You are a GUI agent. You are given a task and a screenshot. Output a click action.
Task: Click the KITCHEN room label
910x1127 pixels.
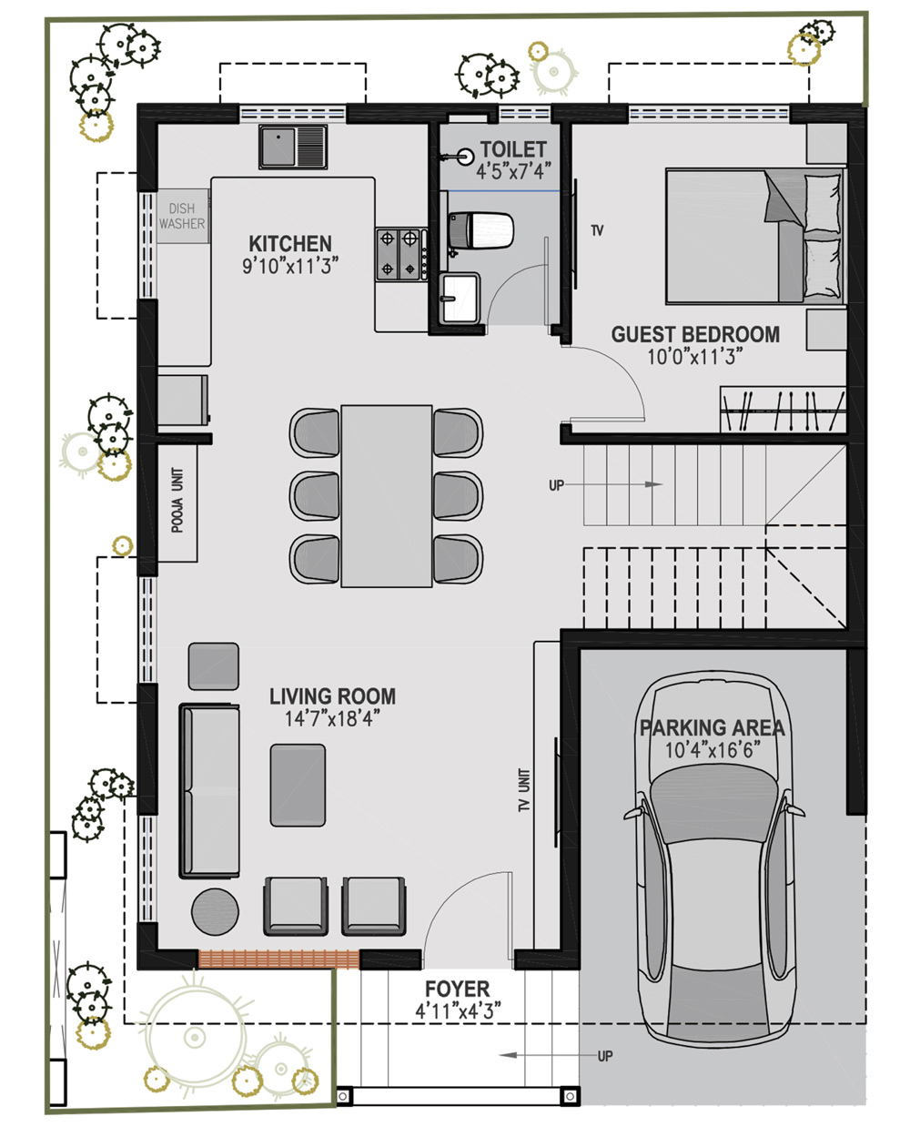pos(289,244)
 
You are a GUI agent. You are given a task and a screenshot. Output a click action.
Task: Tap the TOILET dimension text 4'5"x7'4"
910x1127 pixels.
pos(513,171)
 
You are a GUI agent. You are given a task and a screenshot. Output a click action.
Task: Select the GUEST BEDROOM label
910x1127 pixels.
pos(695,334)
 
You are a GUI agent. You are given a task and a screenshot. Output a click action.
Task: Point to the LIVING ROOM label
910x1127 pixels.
pos(332,696)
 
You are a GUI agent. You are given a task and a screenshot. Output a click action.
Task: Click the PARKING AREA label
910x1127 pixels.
pos(712,727)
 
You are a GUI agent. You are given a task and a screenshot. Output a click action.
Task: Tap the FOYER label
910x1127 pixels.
pos(457,989)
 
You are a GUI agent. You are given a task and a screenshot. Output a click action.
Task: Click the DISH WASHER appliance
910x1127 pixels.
pos(182,216)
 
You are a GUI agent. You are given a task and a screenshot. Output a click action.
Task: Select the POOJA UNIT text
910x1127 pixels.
pos(177,500)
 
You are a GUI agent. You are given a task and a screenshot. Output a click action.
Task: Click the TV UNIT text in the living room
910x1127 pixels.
pos(523,790)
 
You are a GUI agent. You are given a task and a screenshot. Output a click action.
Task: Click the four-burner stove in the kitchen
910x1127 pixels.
pos(400,254)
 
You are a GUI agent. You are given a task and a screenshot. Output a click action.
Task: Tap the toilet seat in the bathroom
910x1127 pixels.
pos(480,230)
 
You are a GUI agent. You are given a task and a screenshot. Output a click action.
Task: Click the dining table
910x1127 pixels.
pos(386,496)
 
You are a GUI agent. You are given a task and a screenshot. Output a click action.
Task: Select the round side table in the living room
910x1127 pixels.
pos(215,912)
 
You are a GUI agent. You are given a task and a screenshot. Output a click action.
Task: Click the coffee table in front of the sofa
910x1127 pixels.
pos(298,786)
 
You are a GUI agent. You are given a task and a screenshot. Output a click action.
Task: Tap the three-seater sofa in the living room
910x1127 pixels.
pos(209,791)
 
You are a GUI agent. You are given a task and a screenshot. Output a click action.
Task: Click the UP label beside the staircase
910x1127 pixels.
pos(556,485)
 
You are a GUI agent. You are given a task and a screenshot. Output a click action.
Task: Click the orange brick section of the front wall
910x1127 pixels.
pos(278,959)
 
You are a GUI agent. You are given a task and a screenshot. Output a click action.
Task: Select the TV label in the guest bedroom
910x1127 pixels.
pos(597,230)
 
